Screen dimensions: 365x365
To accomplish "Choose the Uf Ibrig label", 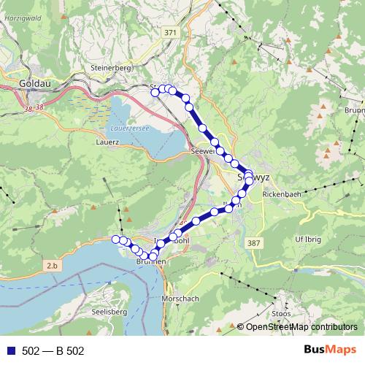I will click(308, 239).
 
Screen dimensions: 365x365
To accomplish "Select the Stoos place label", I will click(281, 313).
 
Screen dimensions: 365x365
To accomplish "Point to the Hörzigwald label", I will click(18, 15).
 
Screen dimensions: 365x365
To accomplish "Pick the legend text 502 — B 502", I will click(53, 351).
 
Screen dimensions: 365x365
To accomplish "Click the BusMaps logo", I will click(331, 350).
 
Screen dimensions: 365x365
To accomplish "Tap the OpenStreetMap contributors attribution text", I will click(301, 327).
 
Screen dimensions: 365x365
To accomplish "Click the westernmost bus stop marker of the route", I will click(115, 239).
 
